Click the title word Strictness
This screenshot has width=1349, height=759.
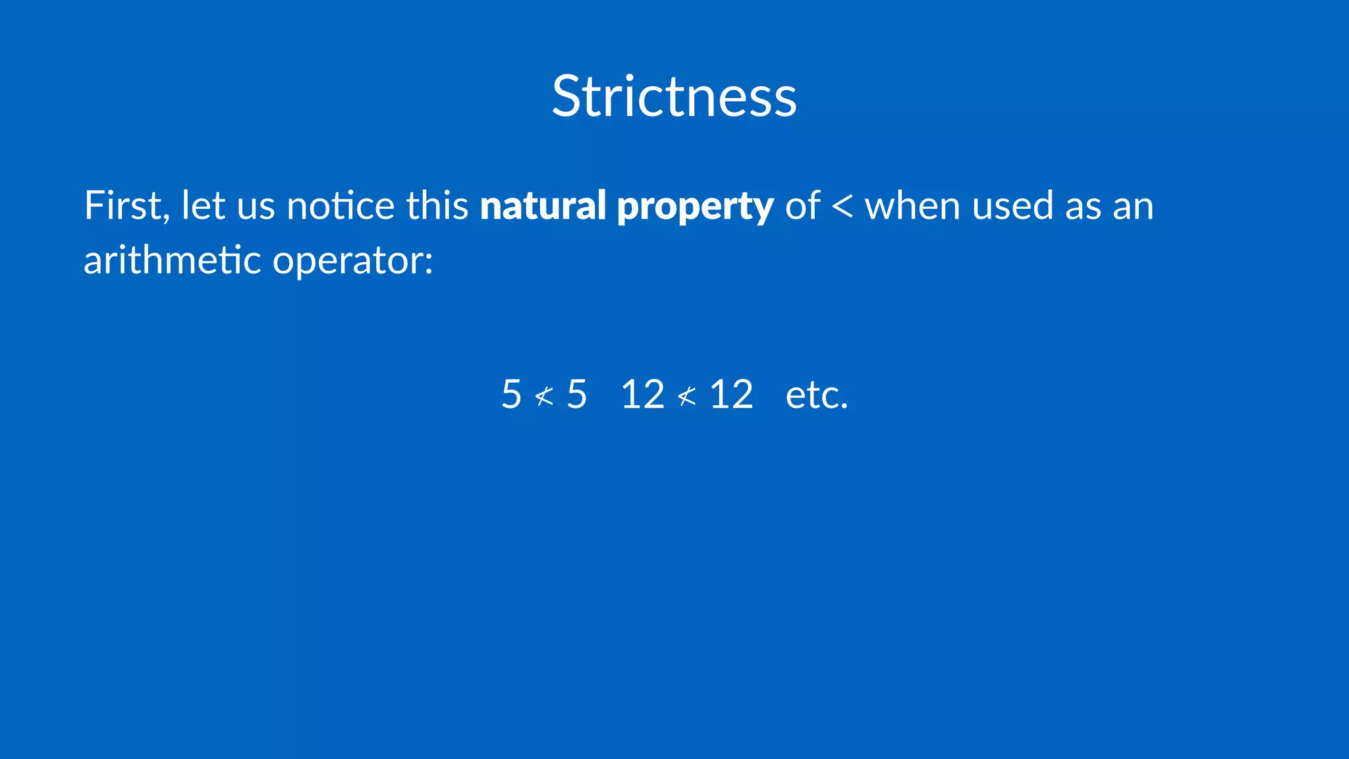point(674,97)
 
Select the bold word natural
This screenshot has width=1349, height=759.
point(543,206)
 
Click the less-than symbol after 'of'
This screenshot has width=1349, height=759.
point(842,207)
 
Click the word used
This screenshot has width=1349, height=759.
point(1013,206)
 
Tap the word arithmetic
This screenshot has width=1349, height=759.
point(173,260)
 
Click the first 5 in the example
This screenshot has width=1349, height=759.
point(511,395)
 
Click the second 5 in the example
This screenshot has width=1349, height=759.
point(577,395)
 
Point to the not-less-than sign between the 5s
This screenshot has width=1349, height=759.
point(544,396)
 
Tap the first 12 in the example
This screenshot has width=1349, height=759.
point(642,395)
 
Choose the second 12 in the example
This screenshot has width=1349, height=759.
point(731,395)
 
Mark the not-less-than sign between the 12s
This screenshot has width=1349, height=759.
point(686,396)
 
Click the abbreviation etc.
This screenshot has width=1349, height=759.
point(817,395)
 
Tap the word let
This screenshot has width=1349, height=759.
point(203,206)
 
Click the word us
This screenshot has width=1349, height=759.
point(256,207)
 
